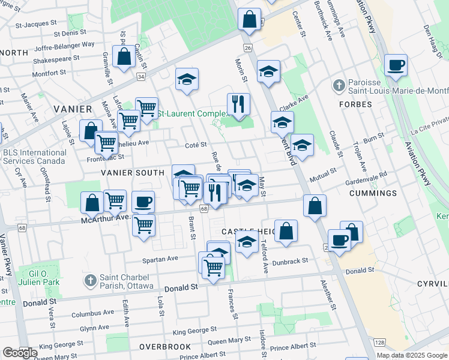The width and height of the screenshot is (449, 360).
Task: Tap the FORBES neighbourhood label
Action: coord(355,104)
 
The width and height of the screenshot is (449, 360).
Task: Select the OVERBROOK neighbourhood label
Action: coord(165,347)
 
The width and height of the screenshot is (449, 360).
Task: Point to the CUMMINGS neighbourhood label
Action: coord(372,193)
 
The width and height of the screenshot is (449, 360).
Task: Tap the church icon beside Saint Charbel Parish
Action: coord(90,280)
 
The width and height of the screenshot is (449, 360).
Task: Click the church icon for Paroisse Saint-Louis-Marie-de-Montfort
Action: coord(339,87)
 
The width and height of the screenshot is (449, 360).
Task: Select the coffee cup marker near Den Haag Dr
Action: coord(396,65)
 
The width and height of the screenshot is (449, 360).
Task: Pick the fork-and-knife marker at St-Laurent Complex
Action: coord(239,104)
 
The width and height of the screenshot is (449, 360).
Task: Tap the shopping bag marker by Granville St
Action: coord(124,58)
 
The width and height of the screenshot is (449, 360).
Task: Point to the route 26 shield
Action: coord(247,47)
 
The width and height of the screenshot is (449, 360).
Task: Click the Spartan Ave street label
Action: coord(160,259)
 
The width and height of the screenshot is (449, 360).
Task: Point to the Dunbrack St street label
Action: coord(289,261)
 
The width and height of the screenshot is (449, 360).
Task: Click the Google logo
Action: coord(20,353)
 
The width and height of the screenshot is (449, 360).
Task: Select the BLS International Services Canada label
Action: coord(34,157)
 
